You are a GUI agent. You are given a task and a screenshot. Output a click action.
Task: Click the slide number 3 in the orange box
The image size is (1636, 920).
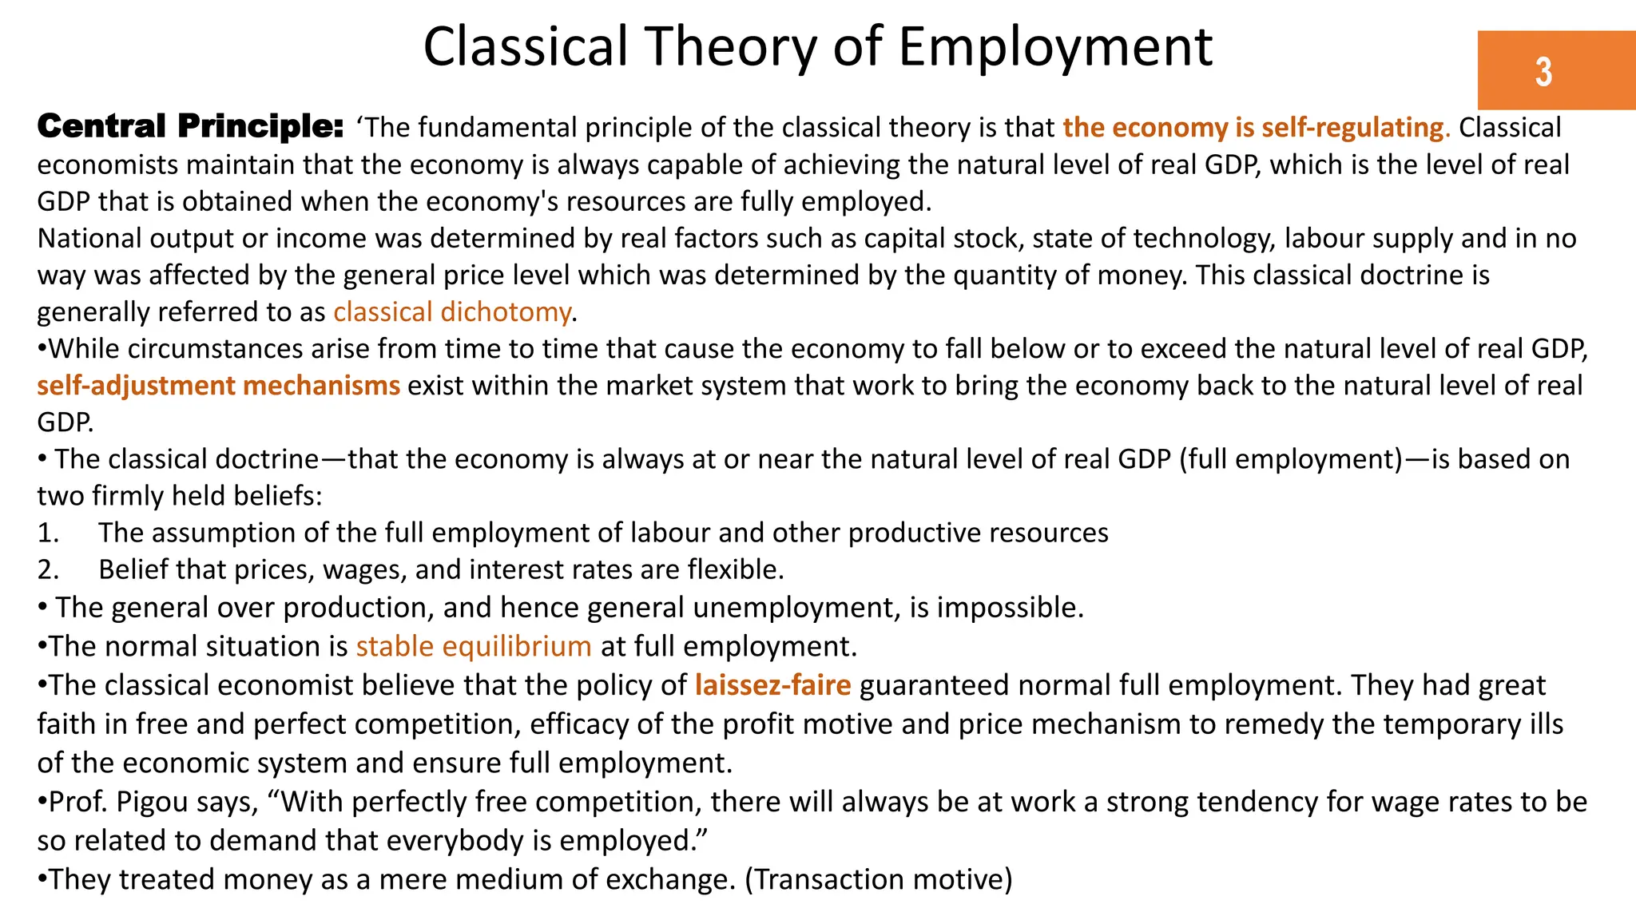coord(1543,72)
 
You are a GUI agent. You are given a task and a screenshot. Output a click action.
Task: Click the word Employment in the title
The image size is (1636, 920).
coord(1055,46)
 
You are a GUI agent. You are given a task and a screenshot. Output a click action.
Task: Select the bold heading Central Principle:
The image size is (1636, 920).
coord(190,126)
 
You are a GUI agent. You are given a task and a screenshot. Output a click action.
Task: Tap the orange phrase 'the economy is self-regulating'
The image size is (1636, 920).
coord(1256,128)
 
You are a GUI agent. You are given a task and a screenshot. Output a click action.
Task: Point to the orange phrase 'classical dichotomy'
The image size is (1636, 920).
coord(452,312)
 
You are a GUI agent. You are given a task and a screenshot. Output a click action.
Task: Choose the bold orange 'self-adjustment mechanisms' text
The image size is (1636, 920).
coord(218,386)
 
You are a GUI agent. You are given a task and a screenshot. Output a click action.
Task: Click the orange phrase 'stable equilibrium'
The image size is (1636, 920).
coord(474,646)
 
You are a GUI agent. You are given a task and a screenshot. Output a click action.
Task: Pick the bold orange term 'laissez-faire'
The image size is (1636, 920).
coord(772,685)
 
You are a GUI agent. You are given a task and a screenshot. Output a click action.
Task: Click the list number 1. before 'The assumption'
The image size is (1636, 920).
coord(48,533)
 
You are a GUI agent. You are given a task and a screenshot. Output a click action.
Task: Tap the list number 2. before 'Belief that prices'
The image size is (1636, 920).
coord(48,569)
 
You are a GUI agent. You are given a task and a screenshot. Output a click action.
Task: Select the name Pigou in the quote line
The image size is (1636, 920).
coord(152,801)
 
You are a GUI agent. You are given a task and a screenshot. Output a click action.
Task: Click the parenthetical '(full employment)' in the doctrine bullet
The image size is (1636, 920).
coord(1290,459)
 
